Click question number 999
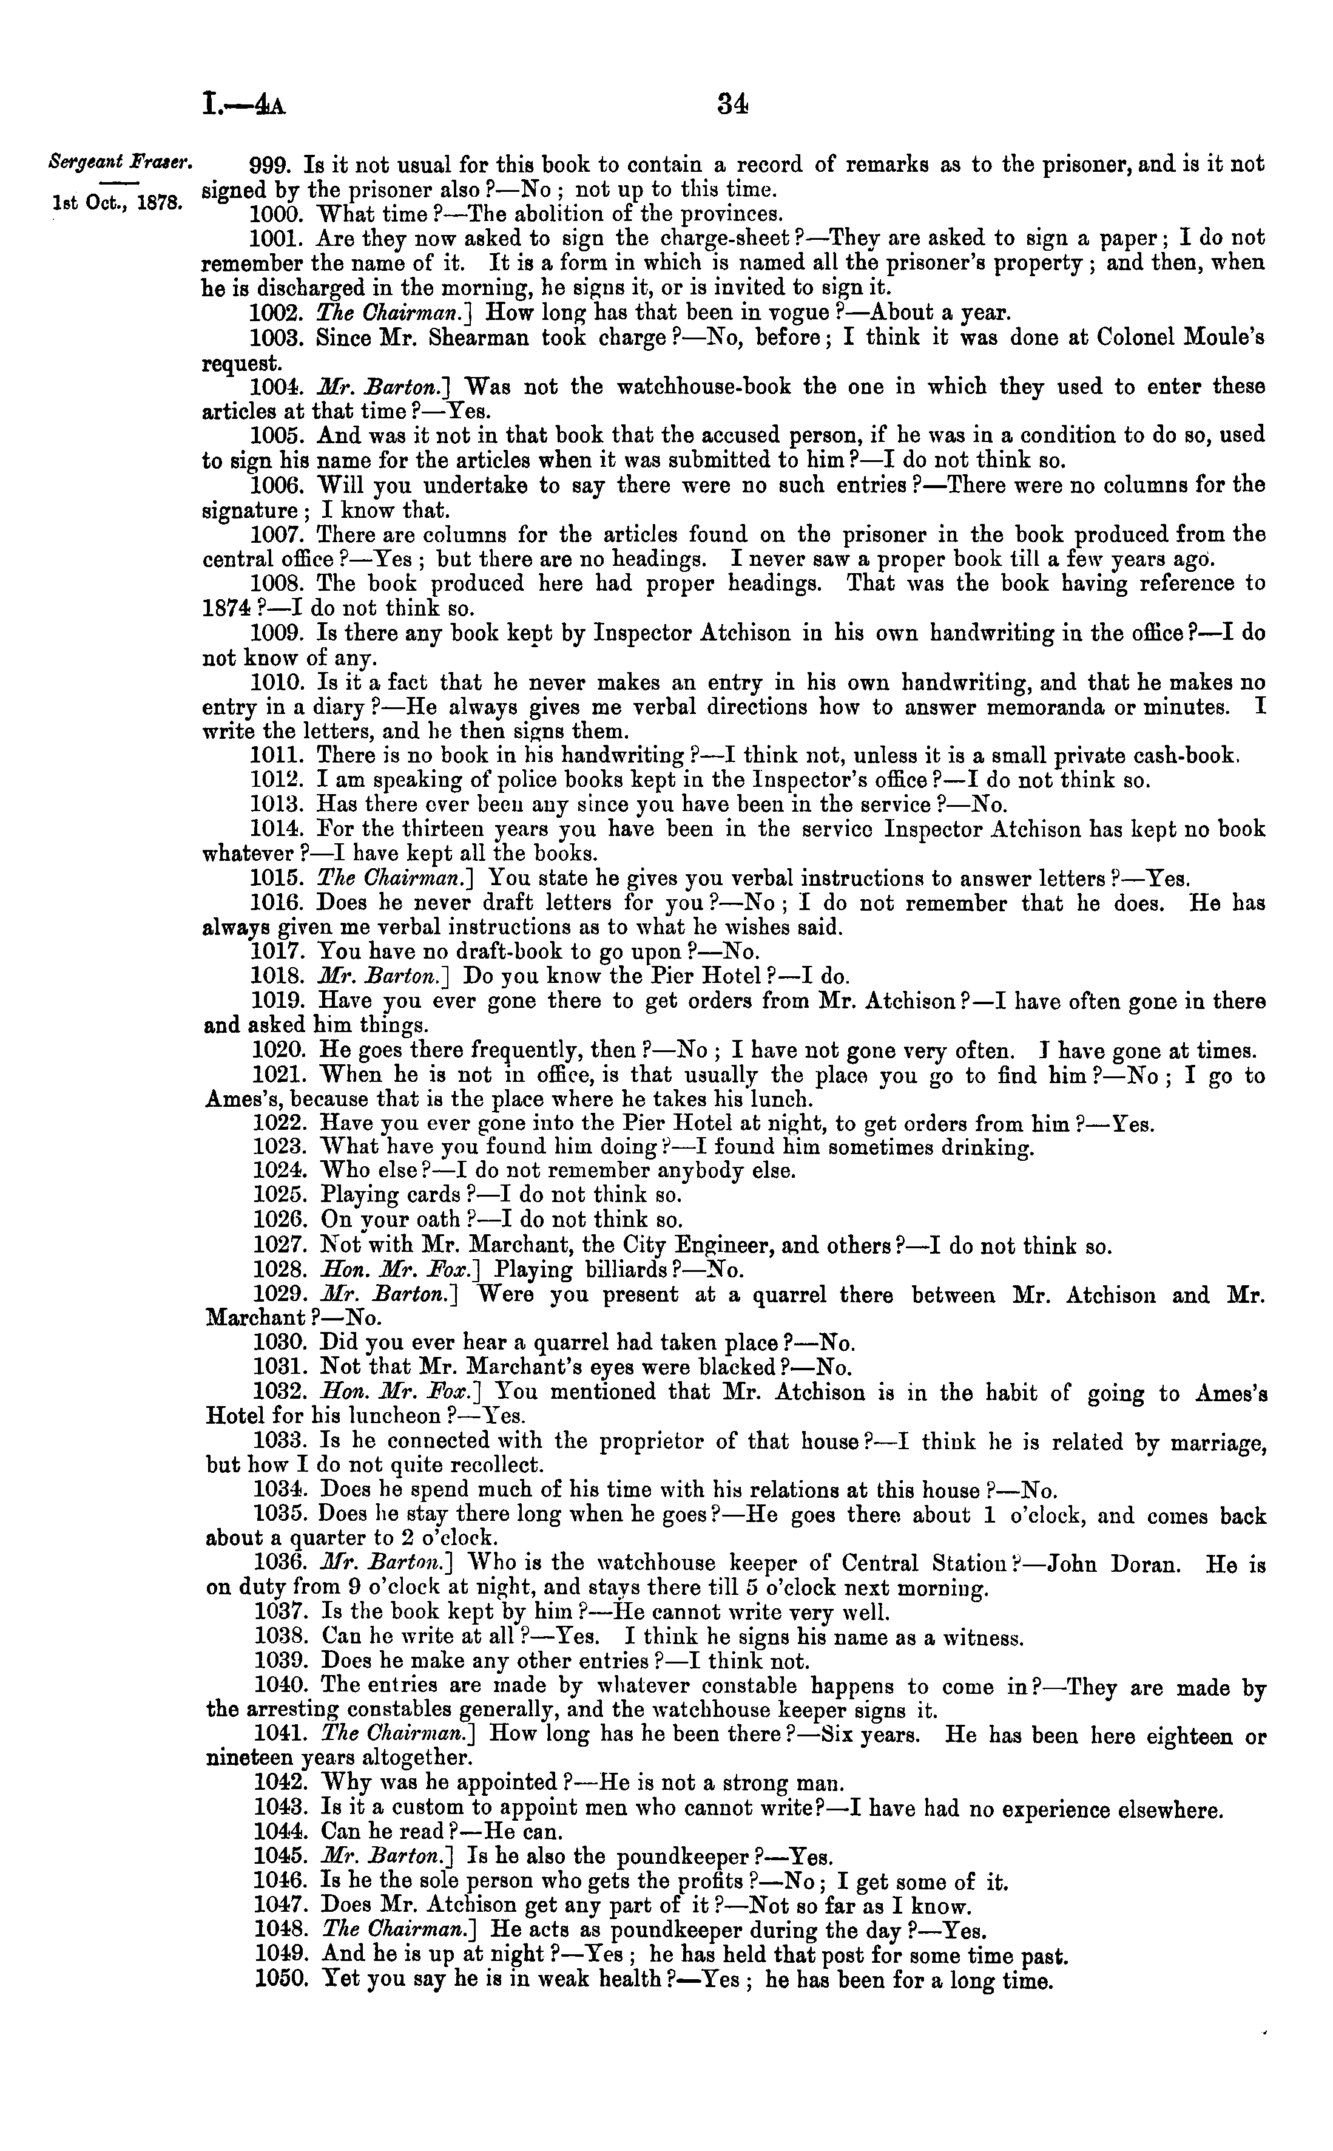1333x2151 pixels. click(x=272, y=165)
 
